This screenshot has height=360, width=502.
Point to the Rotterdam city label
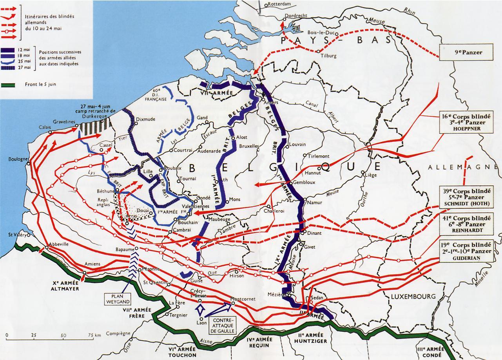pyautogui.click(x=279, y=4)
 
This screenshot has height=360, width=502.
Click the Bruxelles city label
pyautogui.click(x=249, y=146)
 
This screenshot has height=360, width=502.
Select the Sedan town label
pyautogui.click(x=316, y=298)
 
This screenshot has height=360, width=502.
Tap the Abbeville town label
pyautogui.click(x=59, y=244)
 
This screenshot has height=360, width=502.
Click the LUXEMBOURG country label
pyautogui.click(x=413, y=297)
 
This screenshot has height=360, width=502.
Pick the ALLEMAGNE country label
pyautogui.click(x=462, y=167)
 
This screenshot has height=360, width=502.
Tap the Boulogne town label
pyautogui.click(x=18, y=159)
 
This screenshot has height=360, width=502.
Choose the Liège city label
pyautogui.click(x=370, y=175)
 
